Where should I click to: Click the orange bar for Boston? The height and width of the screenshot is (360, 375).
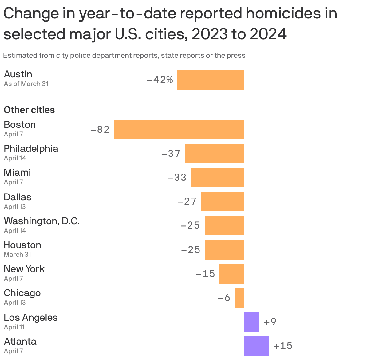(179, 130)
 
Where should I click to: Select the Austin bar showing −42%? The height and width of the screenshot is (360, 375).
(211, 80)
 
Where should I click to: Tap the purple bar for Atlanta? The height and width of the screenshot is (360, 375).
(256, 346)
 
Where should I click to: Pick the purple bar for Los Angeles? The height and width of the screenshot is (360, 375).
(251, 322)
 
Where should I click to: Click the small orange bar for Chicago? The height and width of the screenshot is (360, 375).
(239, 298)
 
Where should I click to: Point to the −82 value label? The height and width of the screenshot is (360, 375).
(100, 130)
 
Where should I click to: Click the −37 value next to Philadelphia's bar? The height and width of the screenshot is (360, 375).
(171, 153)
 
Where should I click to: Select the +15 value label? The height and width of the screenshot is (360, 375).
(283, 346)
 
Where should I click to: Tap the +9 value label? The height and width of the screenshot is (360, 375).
(270, 322)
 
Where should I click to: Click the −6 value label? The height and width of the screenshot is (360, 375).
(224, 298)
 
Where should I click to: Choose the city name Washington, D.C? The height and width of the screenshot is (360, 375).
(41, 221)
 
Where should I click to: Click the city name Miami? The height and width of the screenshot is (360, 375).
(17, 172)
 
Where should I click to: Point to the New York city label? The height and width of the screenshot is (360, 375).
(24, 269)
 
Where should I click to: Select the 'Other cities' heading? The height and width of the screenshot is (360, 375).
(29, 110)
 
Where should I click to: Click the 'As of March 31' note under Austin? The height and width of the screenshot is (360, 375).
(26, 84)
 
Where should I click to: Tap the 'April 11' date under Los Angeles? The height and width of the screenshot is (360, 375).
(14, 327)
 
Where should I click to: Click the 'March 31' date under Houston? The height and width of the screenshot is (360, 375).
(17, 254)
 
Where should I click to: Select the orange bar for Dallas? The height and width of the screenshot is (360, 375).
(222, 202)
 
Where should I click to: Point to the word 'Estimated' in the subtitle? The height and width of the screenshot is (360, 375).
(20, 56)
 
